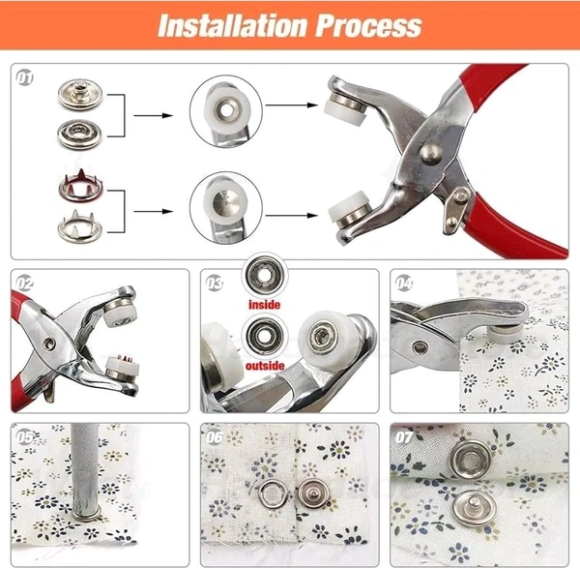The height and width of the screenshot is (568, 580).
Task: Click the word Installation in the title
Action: click(x=232, y=26)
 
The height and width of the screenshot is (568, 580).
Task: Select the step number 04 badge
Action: click(x=404, y=284)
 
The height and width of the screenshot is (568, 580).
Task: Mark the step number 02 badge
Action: click(x=25, y=284)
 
